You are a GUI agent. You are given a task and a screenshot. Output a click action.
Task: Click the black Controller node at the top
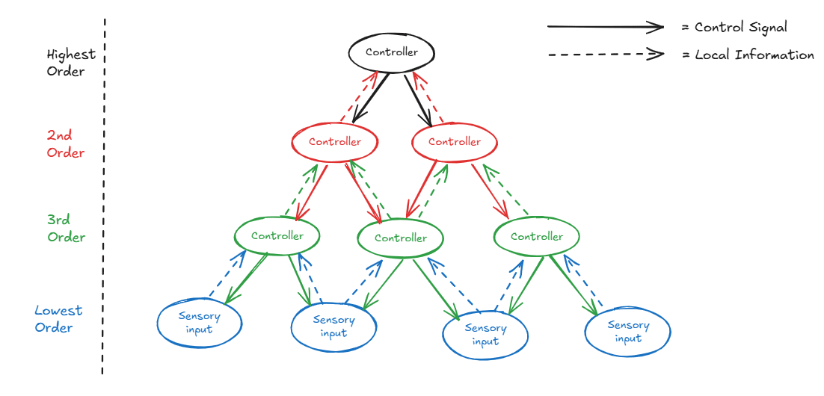tap(392, 52)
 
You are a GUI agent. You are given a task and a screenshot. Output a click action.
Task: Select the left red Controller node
tap(335, 142)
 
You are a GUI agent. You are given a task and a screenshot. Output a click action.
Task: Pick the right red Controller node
tap(455, 142)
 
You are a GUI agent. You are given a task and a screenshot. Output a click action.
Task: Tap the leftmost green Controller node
tap(277, 236)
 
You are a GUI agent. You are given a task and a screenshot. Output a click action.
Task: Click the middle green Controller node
tap(401, 238)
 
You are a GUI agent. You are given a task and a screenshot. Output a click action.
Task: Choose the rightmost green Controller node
tap(537, 236)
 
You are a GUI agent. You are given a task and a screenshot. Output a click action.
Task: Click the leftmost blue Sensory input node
tap(200, 323)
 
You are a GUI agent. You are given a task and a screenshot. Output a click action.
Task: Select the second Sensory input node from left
tap(334, 327)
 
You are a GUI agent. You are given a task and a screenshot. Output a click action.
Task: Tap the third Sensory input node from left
tap(485, 335)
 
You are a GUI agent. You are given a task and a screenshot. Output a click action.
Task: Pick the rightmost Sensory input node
tap(628, 332)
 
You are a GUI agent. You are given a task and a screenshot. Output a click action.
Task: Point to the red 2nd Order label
tap(65, 144)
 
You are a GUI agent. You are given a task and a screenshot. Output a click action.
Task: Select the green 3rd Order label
tap(67, 228)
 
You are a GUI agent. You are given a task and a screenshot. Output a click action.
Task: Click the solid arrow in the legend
tap(606, 26)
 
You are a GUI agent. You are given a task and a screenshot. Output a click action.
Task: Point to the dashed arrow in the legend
tap(606, 54)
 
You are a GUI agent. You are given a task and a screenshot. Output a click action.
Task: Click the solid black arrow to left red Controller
tap(371, 98)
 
